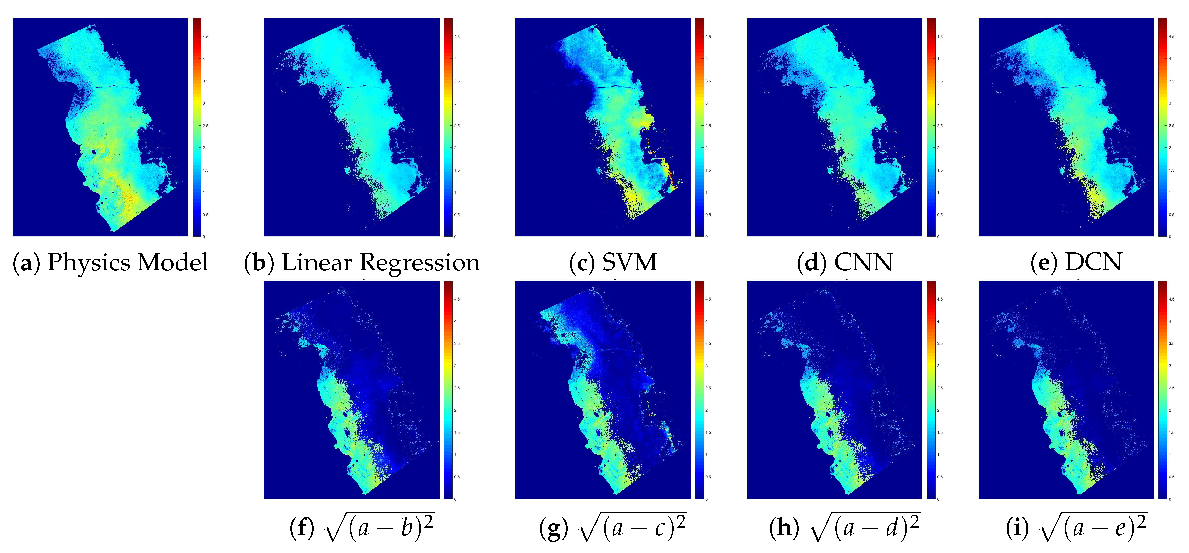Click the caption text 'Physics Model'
pyautogui.click(x=128, y=262)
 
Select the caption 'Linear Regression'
pyautogui.click(x=381, y=262)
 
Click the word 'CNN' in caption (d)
pyautogui.click(x=863, y=262)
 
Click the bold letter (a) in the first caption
pyautogui.click(x=27, y=262)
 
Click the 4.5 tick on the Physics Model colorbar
pyautogui.click(x=205, y=37)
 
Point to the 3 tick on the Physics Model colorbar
pyautogui.click(x=204, y=103)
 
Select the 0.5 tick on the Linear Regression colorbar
pyautogui.click(x=457, y=215)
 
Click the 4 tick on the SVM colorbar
pyautogui.click(x=706, y=59)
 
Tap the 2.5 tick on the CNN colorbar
pyautogui.click(x=939, y=126)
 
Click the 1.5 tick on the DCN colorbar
pyautogui.click(x=1171, y=170)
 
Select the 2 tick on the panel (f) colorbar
pyautogui.click(x=455, y=410)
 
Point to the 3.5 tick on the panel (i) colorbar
pyautogui.click(x=1171, y=343)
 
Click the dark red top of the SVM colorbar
pyautogui.click(x=699, y=21)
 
